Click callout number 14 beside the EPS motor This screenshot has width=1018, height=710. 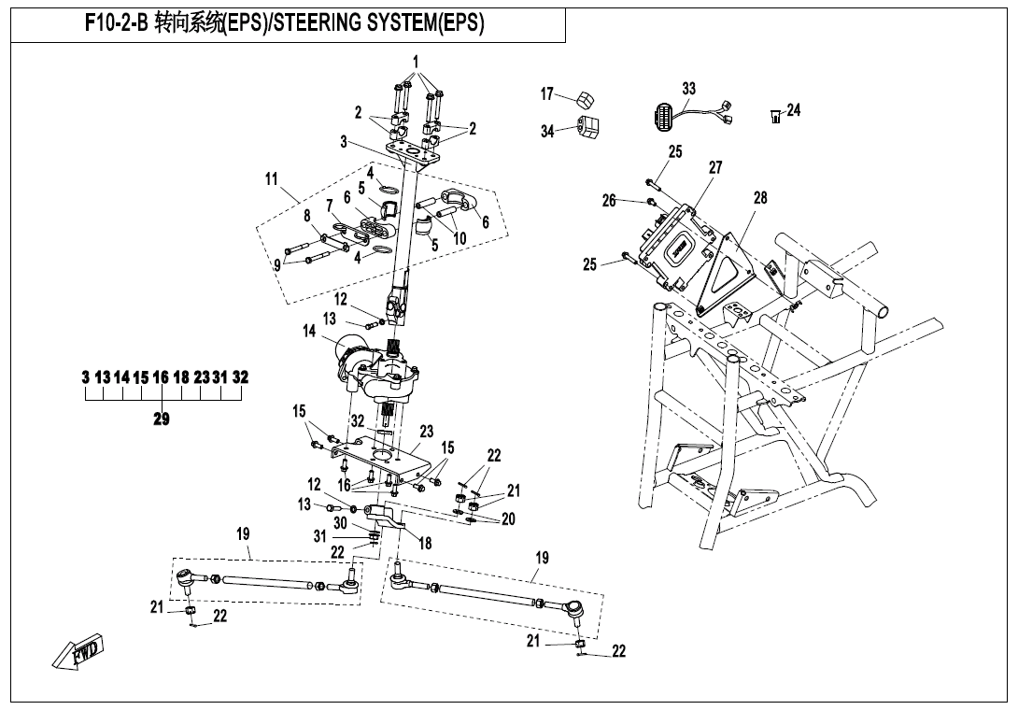tap(309, 332)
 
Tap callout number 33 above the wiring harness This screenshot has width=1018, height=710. tap(688, 88)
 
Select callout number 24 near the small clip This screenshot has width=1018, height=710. tap(793, 110)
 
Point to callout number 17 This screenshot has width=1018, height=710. tap(547, 94)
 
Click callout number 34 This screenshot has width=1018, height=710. tap(547, 131)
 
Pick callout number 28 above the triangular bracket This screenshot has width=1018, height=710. tap(759, 197)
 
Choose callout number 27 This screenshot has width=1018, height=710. tap(714, 167)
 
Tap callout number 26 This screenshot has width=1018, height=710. tap(608, 201)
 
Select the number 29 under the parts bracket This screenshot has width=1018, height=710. tap(162, 419)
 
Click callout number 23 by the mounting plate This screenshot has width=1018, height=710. tap(427, 432)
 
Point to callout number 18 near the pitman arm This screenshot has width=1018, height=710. tap(425, 543)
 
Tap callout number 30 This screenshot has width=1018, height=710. tap(340, 523)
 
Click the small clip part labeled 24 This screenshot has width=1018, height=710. tap(775, 117)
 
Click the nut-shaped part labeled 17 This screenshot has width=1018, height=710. tap(586, 99)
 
